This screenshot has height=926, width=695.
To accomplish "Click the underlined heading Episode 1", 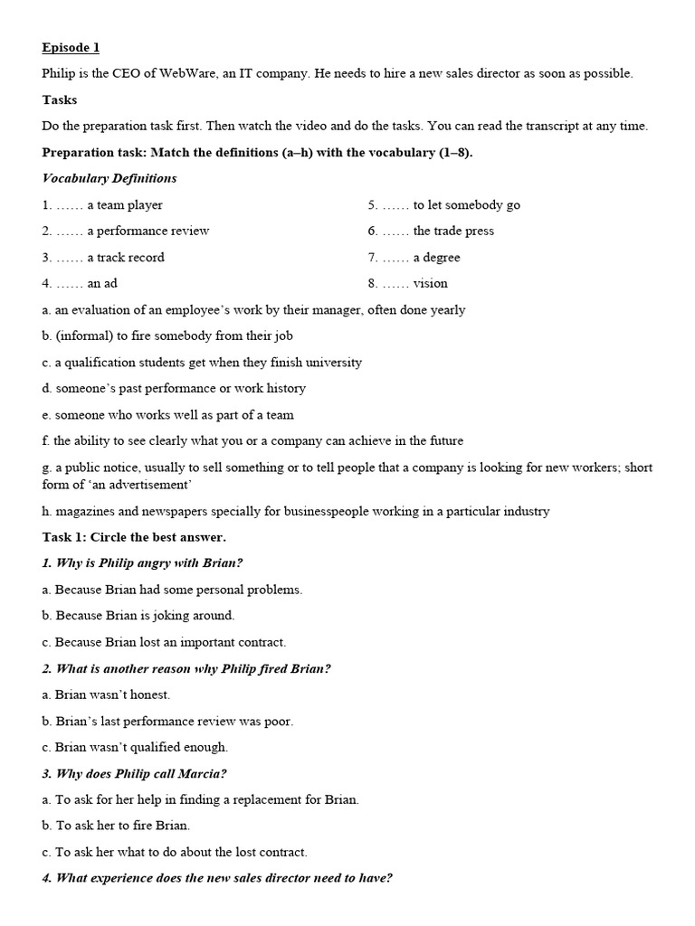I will (x=71, y=47).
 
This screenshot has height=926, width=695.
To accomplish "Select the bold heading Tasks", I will (x=60, y=99).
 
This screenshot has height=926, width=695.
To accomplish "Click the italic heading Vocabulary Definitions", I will (x=109, y=178).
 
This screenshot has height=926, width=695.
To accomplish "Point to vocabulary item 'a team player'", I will (x=125, y=204).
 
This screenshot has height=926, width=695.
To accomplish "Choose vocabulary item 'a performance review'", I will (x=148, y=231).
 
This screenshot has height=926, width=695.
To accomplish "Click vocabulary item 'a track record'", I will (x=126, y=257).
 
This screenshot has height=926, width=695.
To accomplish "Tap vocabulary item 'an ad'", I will (x=102, y=283).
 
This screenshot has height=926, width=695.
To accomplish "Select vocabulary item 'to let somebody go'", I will (x=466, y=204).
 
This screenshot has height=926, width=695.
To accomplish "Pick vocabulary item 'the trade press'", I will (x=453, y=231).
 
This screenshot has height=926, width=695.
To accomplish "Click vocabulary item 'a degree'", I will (x=436, y=257).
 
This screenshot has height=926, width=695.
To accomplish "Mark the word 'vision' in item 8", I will (x=430, y=283).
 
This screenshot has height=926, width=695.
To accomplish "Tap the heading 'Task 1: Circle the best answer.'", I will (x=134, y=537).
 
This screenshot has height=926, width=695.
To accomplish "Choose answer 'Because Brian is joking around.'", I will (x=145, y=615).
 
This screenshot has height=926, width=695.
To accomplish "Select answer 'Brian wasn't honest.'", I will (x=112, y=694).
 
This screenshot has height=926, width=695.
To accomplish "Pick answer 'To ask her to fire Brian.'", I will (x=122, y=825).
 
